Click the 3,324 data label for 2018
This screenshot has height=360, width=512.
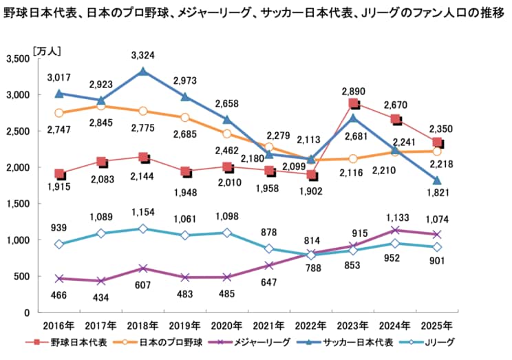(142, 54)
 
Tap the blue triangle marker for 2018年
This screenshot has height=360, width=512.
(142, 71)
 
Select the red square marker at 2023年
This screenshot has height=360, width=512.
(353, 104)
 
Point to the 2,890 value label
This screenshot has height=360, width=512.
(353, 91)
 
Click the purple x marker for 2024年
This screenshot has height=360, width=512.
(395, 231)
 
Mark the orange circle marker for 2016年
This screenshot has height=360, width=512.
(60, 113)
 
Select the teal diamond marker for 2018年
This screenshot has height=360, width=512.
(142, 229)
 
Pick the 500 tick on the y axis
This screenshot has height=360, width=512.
(20, 277)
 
